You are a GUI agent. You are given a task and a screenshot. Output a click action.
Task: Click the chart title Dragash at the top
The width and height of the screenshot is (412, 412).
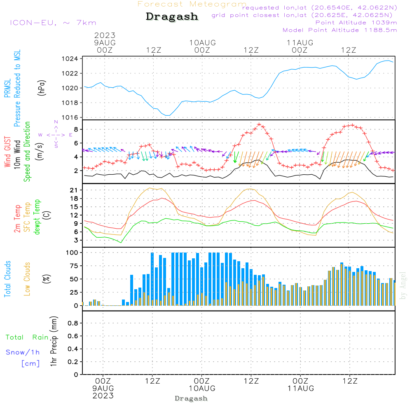pos(172,16)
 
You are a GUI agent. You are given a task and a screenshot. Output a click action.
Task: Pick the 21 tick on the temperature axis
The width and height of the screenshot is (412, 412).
pos(75,190)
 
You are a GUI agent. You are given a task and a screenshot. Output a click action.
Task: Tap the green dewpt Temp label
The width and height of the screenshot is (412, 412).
pos(37,217)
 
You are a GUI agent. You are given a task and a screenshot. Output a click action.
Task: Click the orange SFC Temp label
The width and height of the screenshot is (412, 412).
pos(27,217)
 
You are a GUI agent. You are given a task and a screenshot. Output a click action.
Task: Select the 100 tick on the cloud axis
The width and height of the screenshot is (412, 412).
pos(73,252)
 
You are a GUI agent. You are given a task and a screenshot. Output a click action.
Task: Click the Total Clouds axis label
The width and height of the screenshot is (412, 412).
pos(7,279)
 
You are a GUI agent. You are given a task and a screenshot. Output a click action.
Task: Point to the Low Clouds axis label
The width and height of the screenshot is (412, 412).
pos(27,279)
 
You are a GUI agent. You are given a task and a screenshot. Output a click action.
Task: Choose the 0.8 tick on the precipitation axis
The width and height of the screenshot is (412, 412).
pos(73,323)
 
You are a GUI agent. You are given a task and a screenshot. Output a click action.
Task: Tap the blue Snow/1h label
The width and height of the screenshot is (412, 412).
pos(23,352)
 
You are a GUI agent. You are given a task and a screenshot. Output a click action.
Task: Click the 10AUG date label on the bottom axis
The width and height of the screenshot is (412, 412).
pos(202,389)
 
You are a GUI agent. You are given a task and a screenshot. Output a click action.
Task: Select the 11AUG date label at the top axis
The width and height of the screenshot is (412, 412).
pos(300,42)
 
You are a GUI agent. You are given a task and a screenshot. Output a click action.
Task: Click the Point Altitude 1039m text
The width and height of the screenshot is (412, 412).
pos(356,22)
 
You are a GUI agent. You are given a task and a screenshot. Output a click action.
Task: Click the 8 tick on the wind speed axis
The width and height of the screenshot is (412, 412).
pos(76,129)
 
